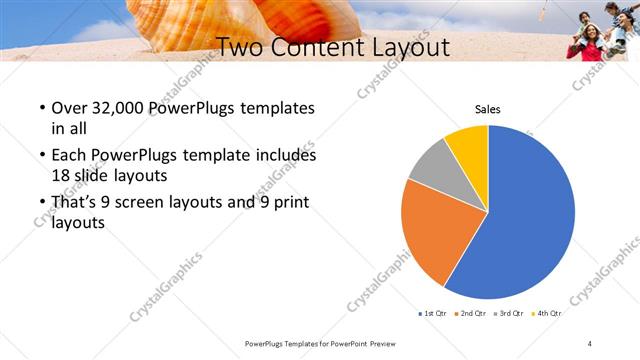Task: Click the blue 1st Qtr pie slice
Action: click(530, 215)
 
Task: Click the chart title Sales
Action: click(487, 110)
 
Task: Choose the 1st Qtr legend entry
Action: click(432, 313)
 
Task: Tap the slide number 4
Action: click(590, 343)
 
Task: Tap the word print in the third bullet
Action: click(288, 202)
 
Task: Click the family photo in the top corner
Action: click(600, 30)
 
